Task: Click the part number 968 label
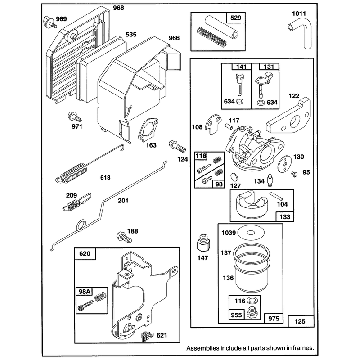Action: tap(118, 8)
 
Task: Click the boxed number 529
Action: tap(236, 18)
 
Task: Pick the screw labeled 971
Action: tap(75, 117)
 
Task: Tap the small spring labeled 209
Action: tap(77, 202)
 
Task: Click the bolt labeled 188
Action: tap(124, 238)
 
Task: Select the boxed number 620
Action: tap(85, 253)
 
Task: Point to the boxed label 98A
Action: tap(84, 291)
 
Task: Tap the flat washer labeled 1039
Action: tap(251, 233)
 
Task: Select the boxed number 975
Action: tap(274, 319)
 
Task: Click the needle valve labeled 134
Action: tap(270, 181)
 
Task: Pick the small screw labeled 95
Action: tap(294, 174)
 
